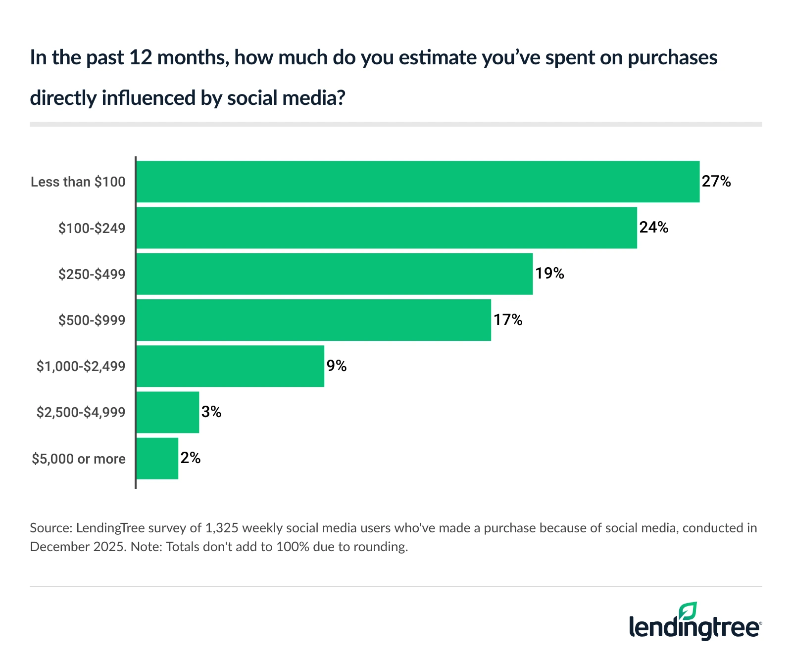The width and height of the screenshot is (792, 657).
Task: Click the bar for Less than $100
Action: click(418, 182)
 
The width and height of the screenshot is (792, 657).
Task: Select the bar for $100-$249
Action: click(387, 228)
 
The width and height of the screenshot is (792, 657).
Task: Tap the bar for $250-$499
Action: click(335, 274)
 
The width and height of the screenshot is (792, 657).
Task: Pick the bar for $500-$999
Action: click(314, 320)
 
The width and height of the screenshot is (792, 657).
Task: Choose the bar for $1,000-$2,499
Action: click(230, 366)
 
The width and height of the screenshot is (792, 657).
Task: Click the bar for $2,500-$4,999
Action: click(168, 412)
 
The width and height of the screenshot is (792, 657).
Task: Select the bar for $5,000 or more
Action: click(157, 458)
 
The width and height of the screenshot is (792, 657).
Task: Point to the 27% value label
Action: click(716, 182)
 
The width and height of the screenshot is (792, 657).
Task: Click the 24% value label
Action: click(654, 228)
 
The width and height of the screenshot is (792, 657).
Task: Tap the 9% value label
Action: click(337, 366)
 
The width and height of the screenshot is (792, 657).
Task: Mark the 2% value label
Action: click(191, 458)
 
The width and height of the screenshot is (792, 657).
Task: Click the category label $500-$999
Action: click(92, 320)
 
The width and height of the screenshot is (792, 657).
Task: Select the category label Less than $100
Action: click(78, 182)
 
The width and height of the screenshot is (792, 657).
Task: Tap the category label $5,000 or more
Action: click(79, 459)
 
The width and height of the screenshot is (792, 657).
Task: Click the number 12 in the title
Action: click(140, 58)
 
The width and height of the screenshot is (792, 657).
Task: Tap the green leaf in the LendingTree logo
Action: click(688, 611)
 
